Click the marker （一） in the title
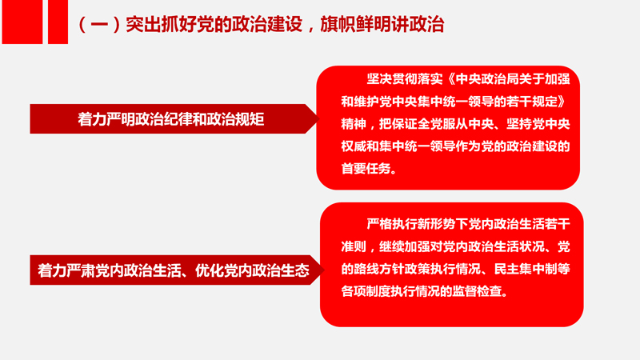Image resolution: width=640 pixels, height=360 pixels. pyautogui.click(x=99, y=25)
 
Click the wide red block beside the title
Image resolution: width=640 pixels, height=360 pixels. pyautogui.click(x=22, y=22)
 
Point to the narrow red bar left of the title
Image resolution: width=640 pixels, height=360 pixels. pyautogui.click(x=58, y=22)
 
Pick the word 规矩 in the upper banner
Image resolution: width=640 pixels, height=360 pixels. pyautogui.click(x=251, y=119)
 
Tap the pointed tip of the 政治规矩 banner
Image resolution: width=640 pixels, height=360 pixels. pyautogui.click(x=318, y=118)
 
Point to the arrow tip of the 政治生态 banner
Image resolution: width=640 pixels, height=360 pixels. pyautogui.click(x=324, y=270)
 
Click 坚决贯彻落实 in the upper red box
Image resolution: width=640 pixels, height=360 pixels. pyautogui.click(x=405, y=78)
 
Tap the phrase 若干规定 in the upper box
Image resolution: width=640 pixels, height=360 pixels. pyautogui.click(x=531, y=102)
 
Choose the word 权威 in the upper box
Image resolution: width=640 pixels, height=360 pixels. pyautogui.click(x=354, y=146)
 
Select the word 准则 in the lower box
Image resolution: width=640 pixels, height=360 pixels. pyautogui.click(x=354, y=246)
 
